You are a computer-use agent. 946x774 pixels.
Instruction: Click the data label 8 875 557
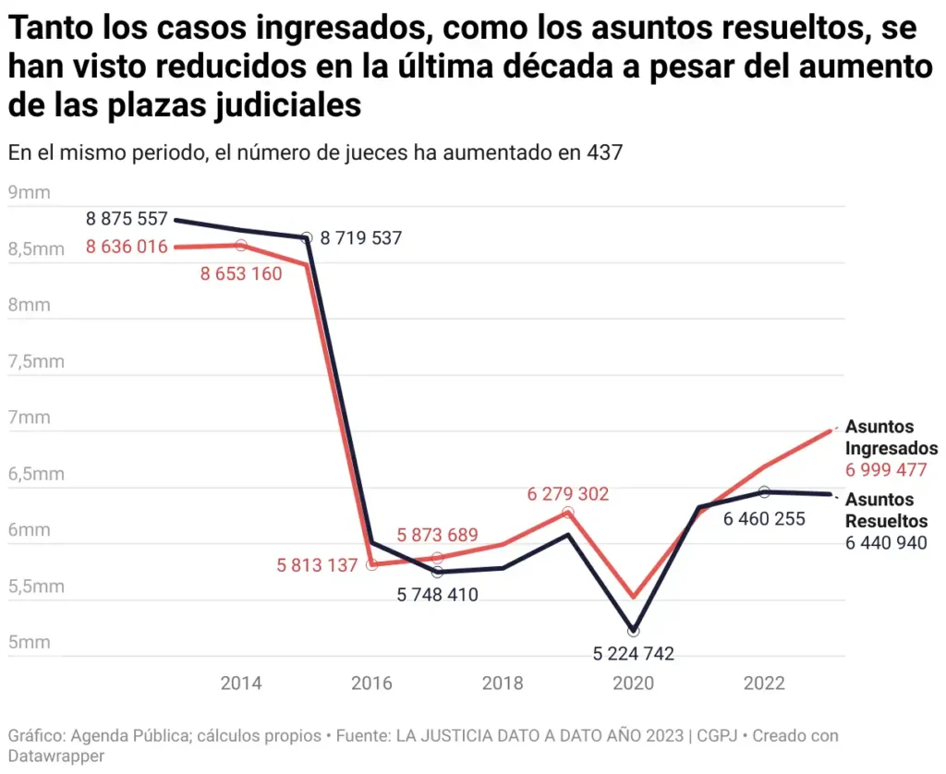127,219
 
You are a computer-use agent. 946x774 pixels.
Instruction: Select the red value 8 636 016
127,247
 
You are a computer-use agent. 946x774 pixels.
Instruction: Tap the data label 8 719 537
361,238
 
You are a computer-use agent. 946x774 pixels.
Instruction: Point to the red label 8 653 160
241,273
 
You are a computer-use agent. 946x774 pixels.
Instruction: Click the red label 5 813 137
317,565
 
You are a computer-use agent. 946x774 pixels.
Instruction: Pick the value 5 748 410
438,596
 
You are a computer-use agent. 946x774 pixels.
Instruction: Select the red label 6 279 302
568,494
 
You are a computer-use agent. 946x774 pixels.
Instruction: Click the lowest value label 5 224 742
633,654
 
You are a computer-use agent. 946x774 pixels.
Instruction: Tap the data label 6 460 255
764,519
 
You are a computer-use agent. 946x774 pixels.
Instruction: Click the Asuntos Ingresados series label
891,438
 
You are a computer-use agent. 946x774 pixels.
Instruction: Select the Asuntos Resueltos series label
887,511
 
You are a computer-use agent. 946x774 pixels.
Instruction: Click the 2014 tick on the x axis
241,683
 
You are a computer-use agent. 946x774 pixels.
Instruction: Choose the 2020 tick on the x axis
633,683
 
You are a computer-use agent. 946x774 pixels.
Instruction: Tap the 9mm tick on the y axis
29,193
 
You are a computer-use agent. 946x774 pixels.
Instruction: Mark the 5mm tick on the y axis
29,643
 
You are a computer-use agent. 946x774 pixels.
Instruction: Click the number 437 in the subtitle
604,153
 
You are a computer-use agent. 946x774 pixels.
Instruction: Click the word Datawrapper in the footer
56,756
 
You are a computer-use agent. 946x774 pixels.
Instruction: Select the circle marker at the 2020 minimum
633,631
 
